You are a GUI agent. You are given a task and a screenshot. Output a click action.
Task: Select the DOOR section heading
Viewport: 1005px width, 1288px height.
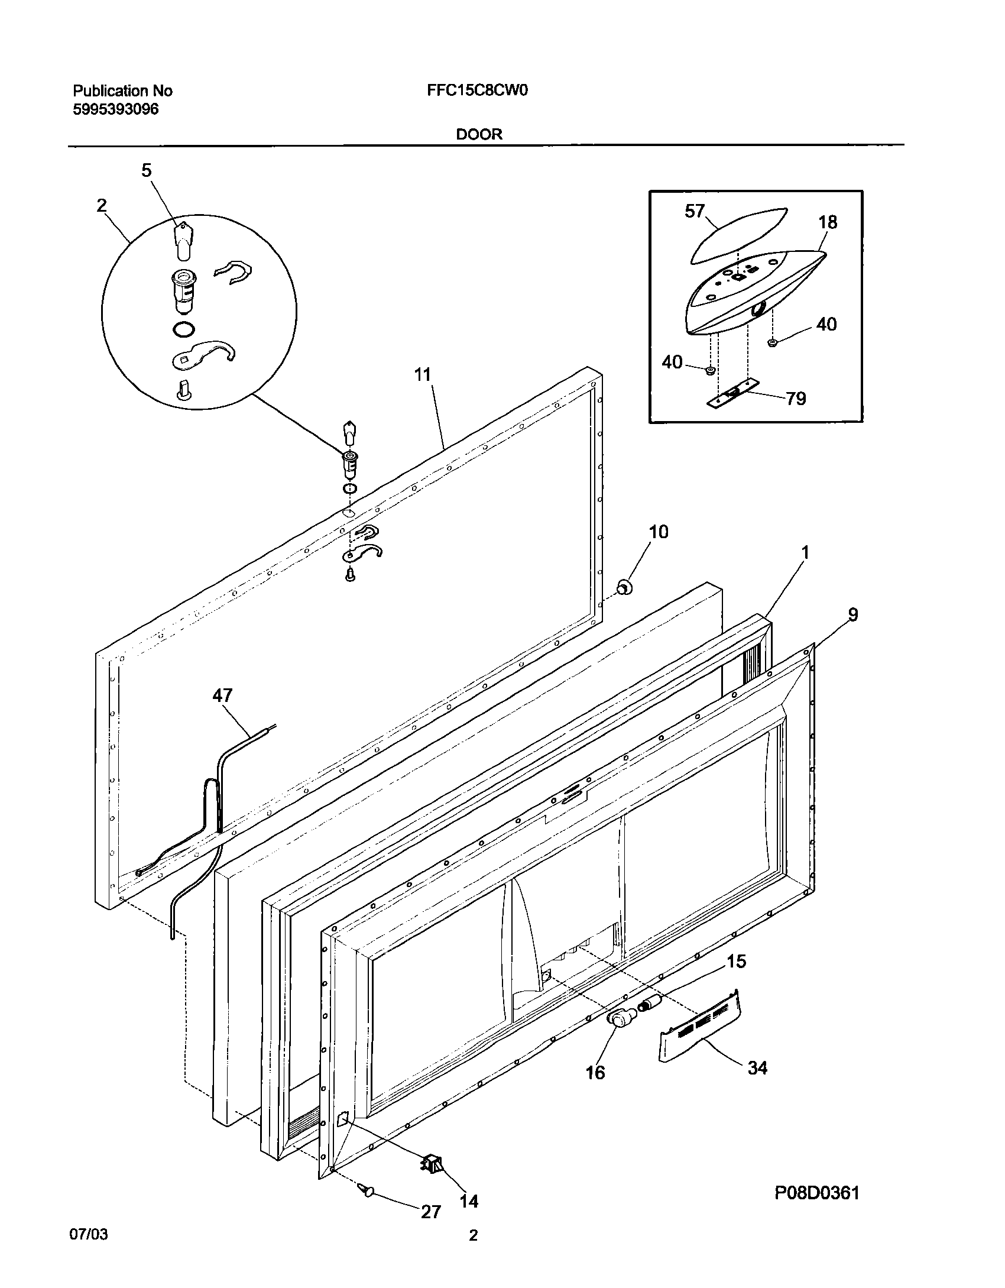pos(479,134)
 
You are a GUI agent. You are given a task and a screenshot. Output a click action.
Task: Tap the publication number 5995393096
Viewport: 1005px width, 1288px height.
pos(115,109)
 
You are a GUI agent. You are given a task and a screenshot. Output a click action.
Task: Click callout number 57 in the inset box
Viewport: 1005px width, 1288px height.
pos(695,211)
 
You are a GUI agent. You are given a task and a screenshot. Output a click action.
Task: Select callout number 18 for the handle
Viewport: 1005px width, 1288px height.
pos(828,222)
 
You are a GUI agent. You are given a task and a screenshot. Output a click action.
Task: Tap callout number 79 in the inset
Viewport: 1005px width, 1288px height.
pos(796,399)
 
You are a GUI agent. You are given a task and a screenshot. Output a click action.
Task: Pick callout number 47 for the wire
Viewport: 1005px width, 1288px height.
pos(222,695)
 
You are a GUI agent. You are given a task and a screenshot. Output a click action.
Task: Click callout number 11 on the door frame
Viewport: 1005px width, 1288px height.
pos(423,374)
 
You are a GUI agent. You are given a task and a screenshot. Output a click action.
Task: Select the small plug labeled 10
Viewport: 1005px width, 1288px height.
pos(623,587)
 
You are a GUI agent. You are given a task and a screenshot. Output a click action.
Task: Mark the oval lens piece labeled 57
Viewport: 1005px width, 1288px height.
pos(739,235)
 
